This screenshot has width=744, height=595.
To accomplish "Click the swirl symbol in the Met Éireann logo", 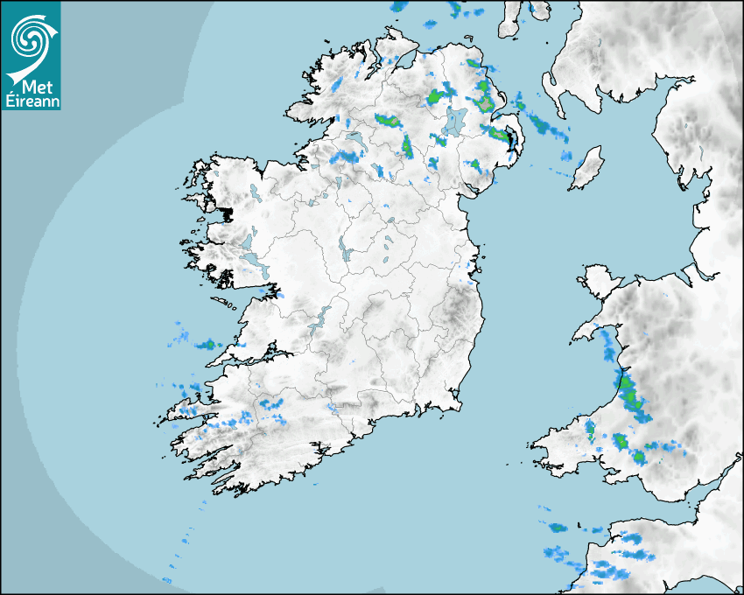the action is [x=29, y=37].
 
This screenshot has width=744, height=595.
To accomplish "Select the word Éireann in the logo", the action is [x=32, y=101].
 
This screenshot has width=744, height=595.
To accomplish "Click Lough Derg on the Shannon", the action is [x=322, y=317].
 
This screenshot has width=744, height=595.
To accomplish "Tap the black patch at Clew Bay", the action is [x=227, y=213].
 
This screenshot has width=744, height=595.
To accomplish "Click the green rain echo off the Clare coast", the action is [x=209, y=345].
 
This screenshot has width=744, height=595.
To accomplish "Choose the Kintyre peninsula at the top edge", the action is [x=510, y=17].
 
